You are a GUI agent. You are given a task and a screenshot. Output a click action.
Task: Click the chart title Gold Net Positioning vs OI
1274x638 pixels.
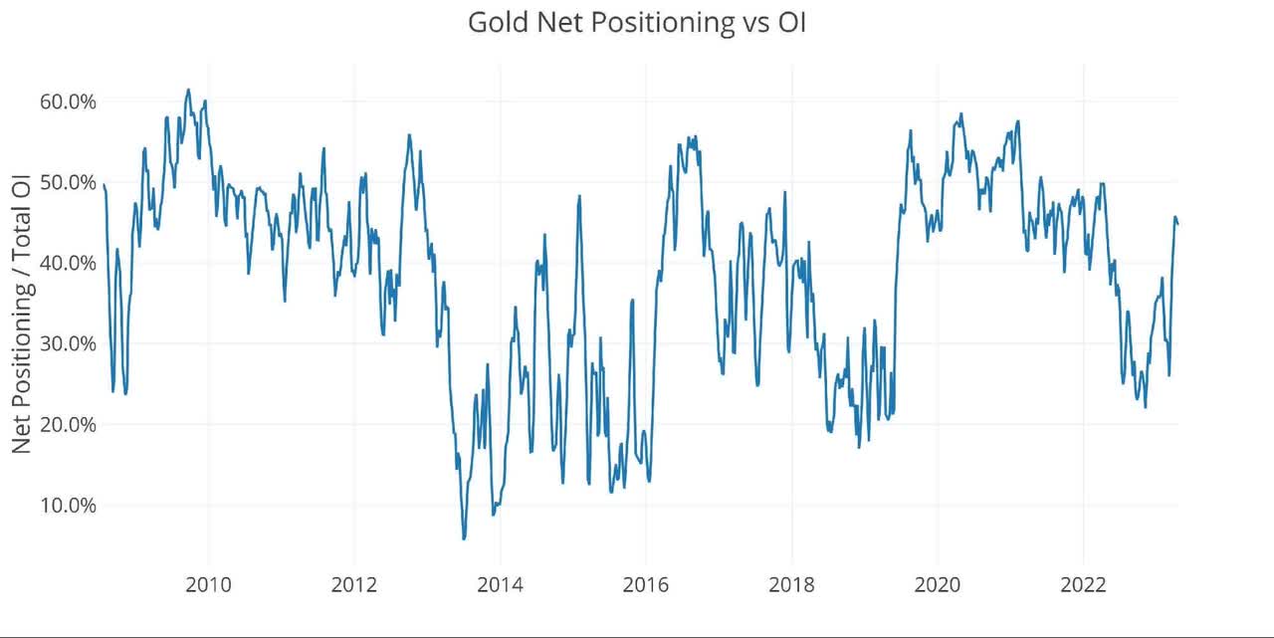point(637,23)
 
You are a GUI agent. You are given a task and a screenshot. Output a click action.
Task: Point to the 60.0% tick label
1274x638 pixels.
point(68,102)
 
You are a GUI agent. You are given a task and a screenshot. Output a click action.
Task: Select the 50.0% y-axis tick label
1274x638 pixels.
point(68,182)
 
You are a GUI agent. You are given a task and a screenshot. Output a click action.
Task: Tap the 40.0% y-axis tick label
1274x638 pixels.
point(68,263)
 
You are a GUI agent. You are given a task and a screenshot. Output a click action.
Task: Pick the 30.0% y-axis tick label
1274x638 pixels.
point(68,343)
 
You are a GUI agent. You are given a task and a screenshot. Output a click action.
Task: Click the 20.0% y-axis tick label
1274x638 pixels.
point(68,424)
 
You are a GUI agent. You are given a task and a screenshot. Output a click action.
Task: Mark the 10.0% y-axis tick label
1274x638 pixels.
point(68,505)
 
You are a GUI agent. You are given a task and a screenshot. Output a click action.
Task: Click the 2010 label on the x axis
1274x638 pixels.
point(209,584)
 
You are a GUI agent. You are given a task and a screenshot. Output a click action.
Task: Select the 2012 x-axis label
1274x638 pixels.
point(354,584)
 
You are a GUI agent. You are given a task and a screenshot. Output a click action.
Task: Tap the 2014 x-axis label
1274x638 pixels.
point(501,584)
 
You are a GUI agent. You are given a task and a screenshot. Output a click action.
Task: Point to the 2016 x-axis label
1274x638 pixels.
point(646,584)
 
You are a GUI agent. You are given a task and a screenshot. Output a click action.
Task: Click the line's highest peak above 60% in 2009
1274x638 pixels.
point(188,90)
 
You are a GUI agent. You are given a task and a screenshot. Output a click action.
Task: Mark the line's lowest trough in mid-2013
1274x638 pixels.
point(464,538)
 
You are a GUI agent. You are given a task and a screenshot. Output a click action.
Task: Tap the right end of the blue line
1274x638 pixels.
point(1178,224)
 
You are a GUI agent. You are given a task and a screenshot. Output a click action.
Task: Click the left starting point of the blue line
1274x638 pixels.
point(104,184)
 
